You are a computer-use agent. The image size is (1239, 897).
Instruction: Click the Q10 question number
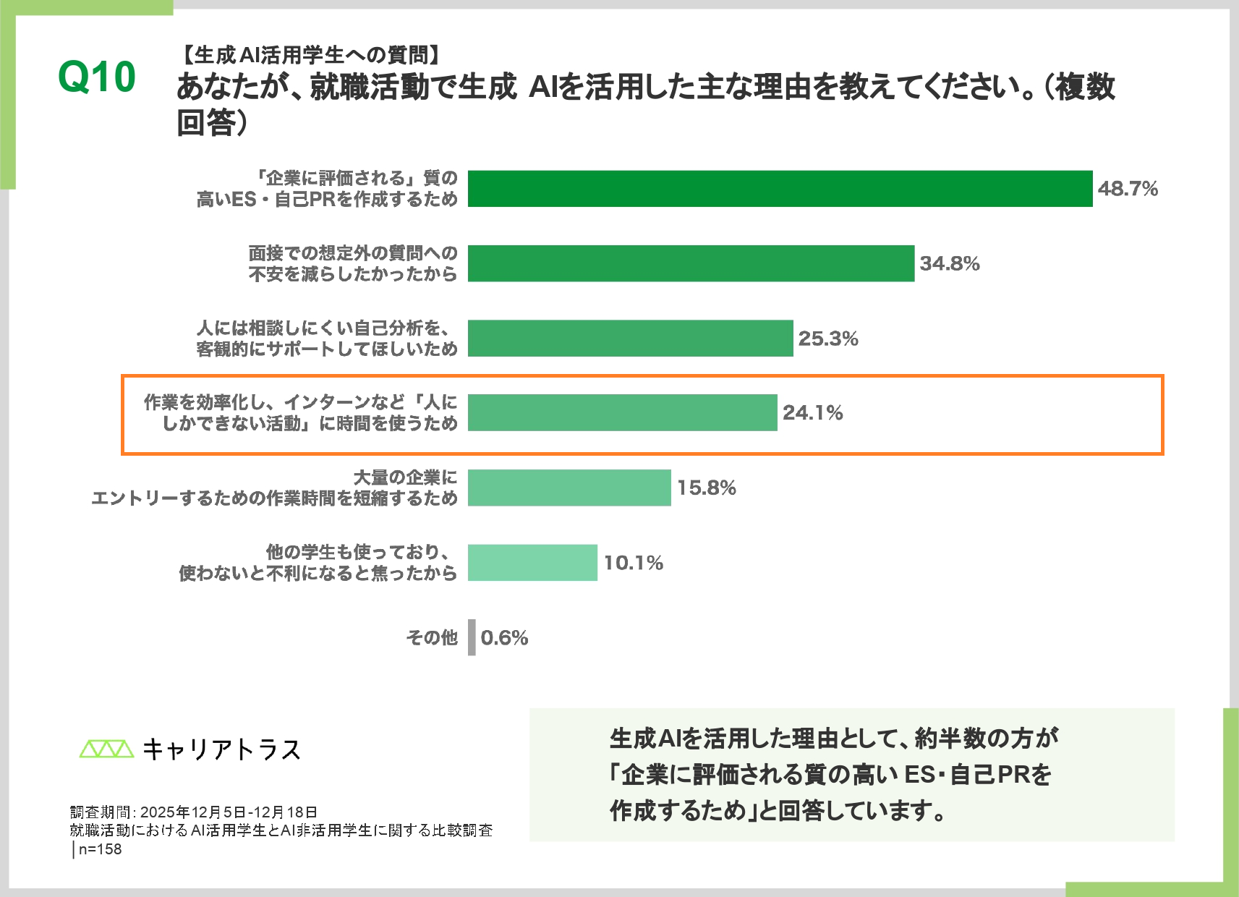coord(97,77)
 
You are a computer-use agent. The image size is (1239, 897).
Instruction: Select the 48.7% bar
coord(780,189)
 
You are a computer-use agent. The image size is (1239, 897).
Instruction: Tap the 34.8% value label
coord(949,263)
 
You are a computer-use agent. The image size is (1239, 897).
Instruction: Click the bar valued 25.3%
coord(630,339)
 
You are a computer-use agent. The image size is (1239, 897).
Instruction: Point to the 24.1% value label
coord(812,413)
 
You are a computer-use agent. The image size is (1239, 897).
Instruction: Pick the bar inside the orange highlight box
coord(622,413)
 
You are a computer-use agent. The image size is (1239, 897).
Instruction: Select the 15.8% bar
coord(569,488)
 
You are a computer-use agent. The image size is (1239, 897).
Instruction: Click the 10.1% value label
coord(633,563)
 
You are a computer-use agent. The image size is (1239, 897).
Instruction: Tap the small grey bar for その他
coord(472,637)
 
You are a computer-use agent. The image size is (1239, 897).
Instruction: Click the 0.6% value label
coord(504,637)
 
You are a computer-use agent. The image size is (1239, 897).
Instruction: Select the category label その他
coord(432,637)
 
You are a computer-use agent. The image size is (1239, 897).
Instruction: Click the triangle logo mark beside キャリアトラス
coord(106,749)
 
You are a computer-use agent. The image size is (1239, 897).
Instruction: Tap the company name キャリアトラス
coord(221,749)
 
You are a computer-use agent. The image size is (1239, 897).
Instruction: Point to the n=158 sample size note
coord(100,849)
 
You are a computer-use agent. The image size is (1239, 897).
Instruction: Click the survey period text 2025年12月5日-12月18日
coord(229,812)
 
